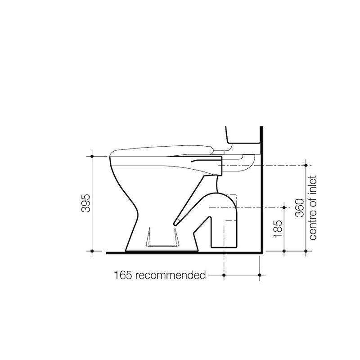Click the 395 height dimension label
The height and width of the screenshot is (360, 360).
coord(86,203)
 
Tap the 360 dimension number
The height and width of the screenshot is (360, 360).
coord(300,208)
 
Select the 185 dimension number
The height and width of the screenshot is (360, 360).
coord(278,229)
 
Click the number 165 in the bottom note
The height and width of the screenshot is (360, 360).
coord(123,275)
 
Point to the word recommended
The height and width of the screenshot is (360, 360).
coord(171,275)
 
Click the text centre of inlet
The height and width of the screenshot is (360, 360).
coord(313,208)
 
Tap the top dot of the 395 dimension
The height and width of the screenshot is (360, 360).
coord(92,156)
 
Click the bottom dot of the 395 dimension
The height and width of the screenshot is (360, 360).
coord(92,251)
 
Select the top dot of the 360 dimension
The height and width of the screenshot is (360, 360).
coord(306,165)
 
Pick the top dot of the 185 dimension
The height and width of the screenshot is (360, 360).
coord(284,208)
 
